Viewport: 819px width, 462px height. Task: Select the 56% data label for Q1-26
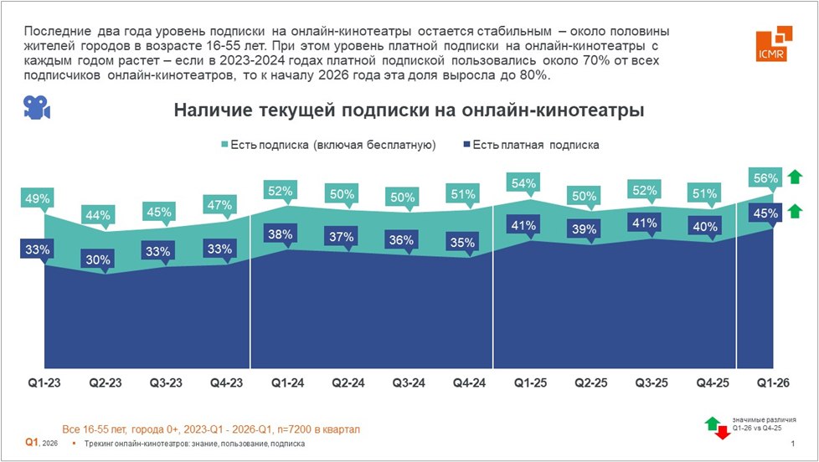[x=765, y=177]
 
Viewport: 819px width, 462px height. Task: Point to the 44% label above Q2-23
[x=98, y=215]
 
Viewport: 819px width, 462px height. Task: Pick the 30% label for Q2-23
[x=98, y=259]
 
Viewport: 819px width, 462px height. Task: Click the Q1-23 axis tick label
[x=38, y=382]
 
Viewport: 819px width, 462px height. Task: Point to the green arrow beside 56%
[x=795, y=177]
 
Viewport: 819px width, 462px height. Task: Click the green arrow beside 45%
[x=795, y=211]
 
